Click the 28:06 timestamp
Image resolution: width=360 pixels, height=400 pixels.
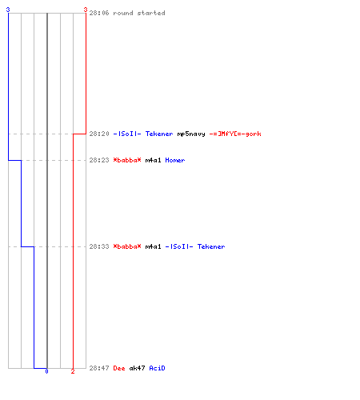99,13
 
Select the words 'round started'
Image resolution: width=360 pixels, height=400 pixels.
139,13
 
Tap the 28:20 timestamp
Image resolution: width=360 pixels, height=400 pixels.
99,134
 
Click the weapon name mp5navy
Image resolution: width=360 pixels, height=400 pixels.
191,134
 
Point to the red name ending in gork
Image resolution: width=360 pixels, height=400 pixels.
235,134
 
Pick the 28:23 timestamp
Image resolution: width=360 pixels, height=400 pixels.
99,160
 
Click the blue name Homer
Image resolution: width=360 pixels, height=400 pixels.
175,160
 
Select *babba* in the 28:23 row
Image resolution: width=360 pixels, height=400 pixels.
127,160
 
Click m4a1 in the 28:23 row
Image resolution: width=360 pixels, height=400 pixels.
153,160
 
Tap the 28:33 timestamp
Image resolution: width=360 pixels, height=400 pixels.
99,246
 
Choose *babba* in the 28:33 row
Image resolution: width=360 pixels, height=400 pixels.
127,246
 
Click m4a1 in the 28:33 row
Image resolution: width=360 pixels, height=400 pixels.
153,246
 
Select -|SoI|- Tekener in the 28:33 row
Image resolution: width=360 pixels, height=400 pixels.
195,246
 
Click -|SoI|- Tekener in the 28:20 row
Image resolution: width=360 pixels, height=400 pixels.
143,134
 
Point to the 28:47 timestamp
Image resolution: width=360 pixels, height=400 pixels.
99,368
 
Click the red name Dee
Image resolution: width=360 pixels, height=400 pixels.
119,368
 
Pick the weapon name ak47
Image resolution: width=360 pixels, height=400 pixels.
137,368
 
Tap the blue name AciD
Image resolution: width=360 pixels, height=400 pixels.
157,368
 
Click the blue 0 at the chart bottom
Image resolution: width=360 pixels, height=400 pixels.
46,371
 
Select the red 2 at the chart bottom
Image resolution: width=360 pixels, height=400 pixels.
73,371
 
